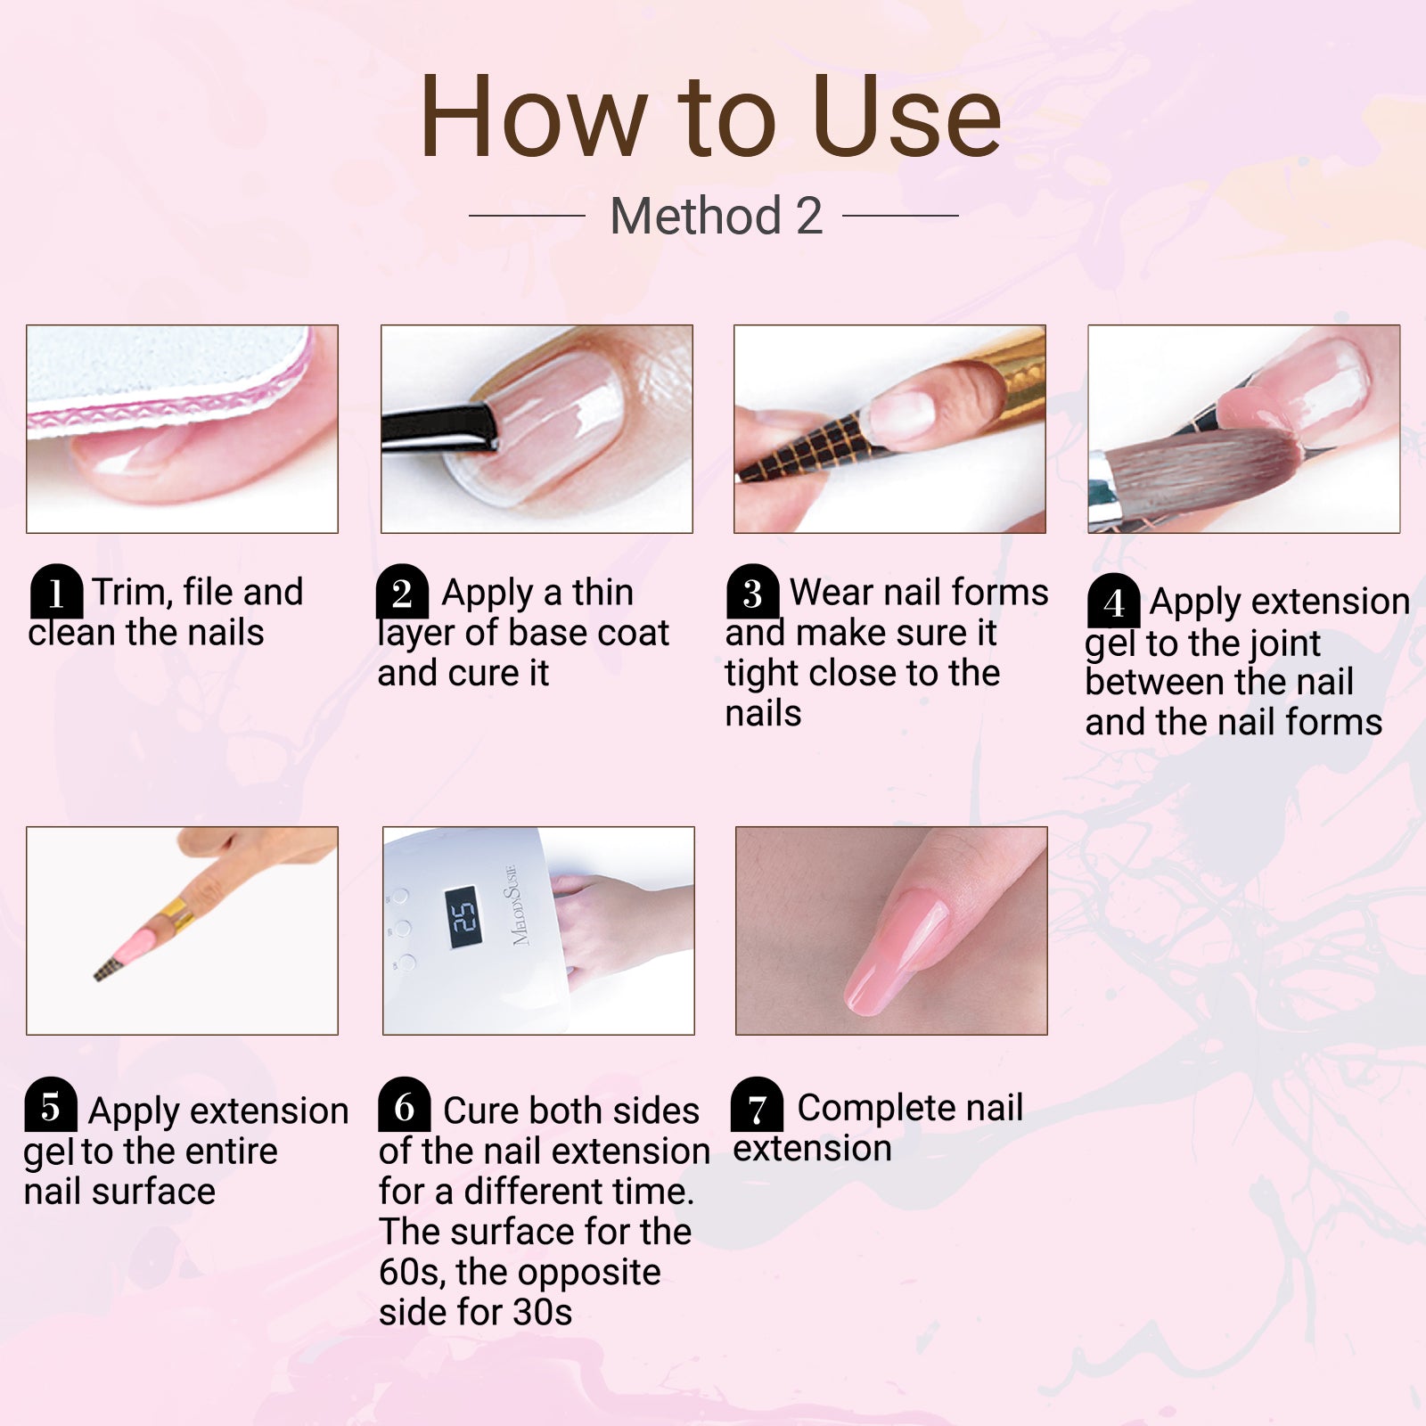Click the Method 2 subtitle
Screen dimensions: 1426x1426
(716, 216)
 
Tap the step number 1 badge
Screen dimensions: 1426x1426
(56, 592)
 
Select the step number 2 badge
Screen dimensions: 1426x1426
(402, 592)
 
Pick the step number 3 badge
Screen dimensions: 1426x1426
(753, 592)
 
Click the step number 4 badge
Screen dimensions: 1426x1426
(1113, 602)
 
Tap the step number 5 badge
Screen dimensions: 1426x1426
(50, 1105)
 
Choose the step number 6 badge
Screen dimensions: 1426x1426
(404, 1105)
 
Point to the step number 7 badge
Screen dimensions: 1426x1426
(757, 1106)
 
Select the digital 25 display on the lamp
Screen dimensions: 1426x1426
(463, 916)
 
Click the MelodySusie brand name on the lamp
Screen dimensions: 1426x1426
(520, 905)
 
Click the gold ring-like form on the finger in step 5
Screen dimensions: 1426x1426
(176, 914)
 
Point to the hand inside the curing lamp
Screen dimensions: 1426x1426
(615, 927)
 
